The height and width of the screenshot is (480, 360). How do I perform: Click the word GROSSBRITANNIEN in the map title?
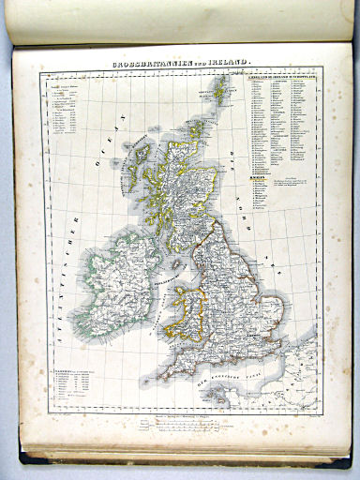149,63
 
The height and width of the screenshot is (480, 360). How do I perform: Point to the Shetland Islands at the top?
220,90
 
